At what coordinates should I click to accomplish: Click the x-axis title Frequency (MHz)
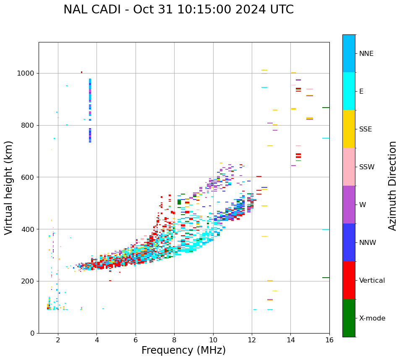tap(183, 350)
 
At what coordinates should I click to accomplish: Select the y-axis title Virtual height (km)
tap(9, 187)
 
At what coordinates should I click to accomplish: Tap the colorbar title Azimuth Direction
tap(392, 186)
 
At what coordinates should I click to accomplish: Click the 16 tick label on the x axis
tap(329, 340)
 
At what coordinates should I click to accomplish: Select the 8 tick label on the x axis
tap(174, 340)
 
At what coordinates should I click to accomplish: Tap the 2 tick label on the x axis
tap(58, 340)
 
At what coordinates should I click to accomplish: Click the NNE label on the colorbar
tap(366, 54)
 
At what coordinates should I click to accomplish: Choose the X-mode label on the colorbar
tap(372, 318)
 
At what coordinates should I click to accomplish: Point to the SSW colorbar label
tap(367, 167)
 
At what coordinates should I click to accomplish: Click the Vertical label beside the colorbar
tap(372, 281)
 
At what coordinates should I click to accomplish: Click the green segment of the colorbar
tap(349, 318)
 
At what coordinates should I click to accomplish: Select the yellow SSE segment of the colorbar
tap(349, 129)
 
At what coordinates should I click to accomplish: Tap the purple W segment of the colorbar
tap(349, 205)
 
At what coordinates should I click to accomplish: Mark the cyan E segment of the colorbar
tap(349, 91)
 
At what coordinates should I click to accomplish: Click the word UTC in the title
tap(281, 10)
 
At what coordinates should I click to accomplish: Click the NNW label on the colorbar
tap(368, 243)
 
